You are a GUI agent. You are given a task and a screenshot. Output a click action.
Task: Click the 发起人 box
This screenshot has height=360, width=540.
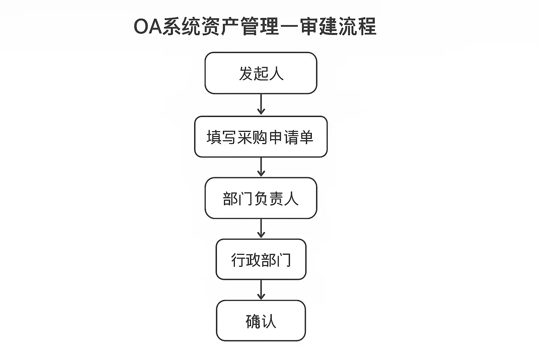(x=261, y=73)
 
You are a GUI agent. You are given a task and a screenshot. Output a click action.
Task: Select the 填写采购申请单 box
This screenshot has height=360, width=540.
(x=261, y=137)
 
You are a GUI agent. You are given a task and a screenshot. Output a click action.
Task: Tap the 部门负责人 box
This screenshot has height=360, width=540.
(x=261, y=198)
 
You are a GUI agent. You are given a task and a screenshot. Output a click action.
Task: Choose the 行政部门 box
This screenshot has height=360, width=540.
(x=261, y=259)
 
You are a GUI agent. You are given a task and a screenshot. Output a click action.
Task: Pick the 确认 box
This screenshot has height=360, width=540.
(x=261, y=321)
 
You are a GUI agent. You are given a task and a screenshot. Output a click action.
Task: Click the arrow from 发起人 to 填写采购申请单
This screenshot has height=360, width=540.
(x=261, y=104)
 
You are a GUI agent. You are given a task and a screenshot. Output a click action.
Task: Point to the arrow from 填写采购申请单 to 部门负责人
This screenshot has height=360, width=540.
(x=261, y=167)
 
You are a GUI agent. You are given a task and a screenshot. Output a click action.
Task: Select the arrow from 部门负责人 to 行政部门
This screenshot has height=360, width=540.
(x=261, y=229)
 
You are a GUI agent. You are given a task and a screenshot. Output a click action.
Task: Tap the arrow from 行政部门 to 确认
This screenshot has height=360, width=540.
(x=261, y=290)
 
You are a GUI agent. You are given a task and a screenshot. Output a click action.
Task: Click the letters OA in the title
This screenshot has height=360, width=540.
(x=148, y=26)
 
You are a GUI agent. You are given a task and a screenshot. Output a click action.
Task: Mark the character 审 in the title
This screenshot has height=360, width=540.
(x=309, y=26)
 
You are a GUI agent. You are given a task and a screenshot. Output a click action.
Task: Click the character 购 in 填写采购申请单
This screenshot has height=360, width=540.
(x=261, y=137)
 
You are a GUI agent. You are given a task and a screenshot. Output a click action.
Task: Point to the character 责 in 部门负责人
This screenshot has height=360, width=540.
(x=276, y=199)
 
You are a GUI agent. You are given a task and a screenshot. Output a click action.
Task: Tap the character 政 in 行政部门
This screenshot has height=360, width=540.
(x=253, y=260)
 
